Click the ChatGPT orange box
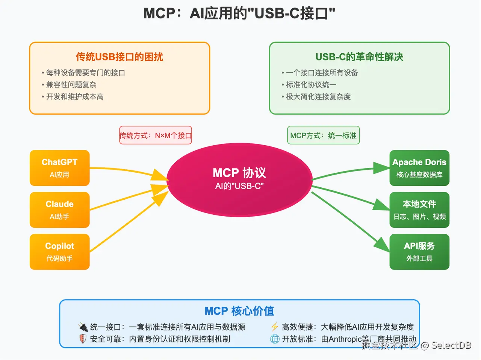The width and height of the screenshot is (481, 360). [x=59, y=168]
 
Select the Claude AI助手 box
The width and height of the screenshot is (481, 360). [x=59, y=210]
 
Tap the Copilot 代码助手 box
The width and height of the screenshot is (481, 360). [x=59, y=252]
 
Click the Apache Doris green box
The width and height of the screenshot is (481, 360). [x=419, y=168]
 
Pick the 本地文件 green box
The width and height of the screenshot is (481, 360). [x=419, y=210]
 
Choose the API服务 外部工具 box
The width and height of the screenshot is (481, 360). [x=419, y=252]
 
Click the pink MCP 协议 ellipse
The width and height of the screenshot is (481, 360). [x=239, y=179]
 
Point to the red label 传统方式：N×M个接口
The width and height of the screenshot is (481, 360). [x=156, y=136]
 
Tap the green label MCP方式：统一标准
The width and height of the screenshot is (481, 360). [x=323, y=136]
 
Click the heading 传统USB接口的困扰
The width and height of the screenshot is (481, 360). [x=119, y=57]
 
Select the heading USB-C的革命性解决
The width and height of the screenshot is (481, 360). [x=359, y=57]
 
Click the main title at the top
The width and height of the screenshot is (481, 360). [x=239, y=14]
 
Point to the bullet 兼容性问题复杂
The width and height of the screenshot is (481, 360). [x=71, y=84]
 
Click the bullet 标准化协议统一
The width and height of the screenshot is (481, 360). [x=311, y=84]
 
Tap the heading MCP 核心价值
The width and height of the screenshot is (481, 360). [x=239, y=311]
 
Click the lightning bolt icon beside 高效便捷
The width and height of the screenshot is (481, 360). [x=275, y=327]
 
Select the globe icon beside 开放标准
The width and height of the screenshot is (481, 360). [x=275, y=339]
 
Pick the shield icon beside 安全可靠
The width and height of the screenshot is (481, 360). [x=83, y=339]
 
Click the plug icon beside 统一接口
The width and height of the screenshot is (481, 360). [x=83, y=327]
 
